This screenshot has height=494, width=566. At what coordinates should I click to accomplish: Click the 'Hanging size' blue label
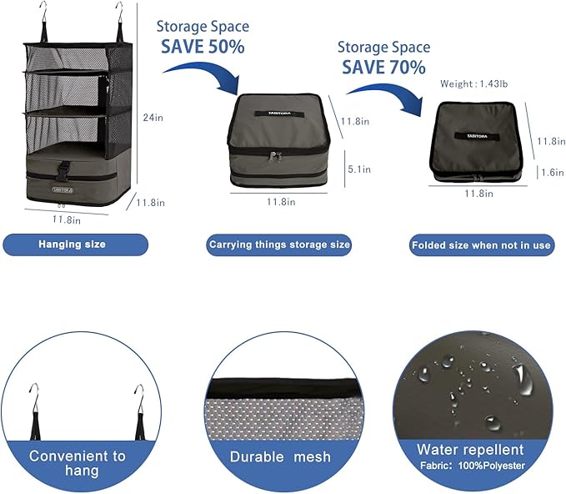76,244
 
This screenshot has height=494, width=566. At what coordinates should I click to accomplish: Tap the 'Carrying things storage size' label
279,245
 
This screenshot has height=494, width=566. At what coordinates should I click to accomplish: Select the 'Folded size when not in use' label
482,245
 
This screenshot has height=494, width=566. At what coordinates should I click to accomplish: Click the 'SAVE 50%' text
203,47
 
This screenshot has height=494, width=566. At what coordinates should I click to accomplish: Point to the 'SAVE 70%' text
383,68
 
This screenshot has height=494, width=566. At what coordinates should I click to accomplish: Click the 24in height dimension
153,118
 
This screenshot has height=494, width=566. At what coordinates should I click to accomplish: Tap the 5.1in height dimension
359,169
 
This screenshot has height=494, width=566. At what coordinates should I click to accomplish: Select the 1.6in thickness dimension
553,173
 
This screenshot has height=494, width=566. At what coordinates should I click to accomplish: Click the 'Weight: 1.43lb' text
473,83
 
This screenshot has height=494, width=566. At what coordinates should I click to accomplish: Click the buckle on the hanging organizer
63,169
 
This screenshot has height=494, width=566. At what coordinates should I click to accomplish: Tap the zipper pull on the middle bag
274,156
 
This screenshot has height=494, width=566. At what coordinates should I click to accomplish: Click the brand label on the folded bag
477,136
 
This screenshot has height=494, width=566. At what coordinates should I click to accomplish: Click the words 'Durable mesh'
280,456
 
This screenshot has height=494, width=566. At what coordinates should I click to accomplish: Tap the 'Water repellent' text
470,450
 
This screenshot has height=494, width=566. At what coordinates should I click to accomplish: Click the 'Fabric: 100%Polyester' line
473,466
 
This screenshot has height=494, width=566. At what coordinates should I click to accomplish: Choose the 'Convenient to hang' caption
78,463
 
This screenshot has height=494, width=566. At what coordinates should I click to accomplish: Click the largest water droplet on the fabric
523,380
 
